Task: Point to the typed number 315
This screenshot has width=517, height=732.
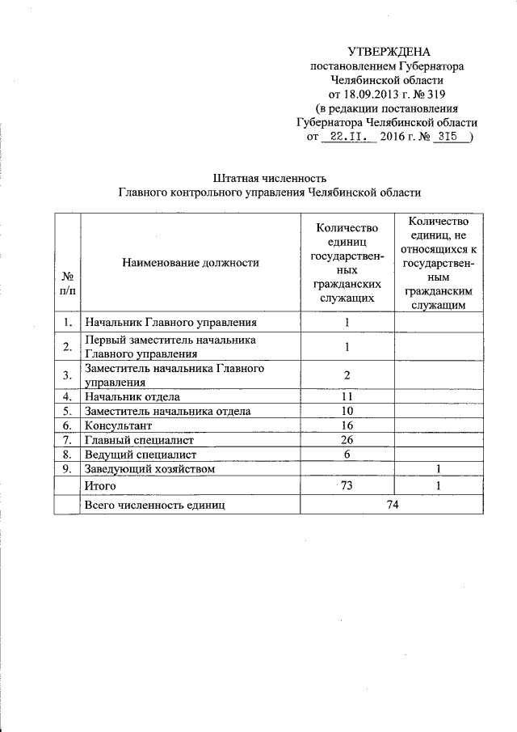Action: tap(445, 138)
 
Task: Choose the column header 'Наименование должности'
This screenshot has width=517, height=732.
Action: tap(191, 262)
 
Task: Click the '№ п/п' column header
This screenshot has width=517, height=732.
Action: tap(67, 283)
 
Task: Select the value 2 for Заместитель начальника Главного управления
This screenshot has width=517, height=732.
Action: tap(347, 375)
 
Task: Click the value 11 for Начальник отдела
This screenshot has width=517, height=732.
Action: tap(347, 397)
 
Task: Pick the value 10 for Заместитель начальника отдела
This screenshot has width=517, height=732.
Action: tap(347, 412)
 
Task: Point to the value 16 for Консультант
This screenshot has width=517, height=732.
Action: tap(347, 425)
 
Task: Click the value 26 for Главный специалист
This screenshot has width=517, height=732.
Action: tap(347, 440)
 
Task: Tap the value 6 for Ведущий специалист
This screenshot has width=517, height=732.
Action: tap(347, 455)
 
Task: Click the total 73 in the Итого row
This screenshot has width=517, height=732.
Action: tap(348, 485)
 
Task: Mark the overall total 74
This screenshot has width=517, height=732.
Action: tap(393, 505)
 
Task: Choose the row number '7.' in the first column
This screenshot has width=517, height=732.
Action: tap(67, 440)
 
